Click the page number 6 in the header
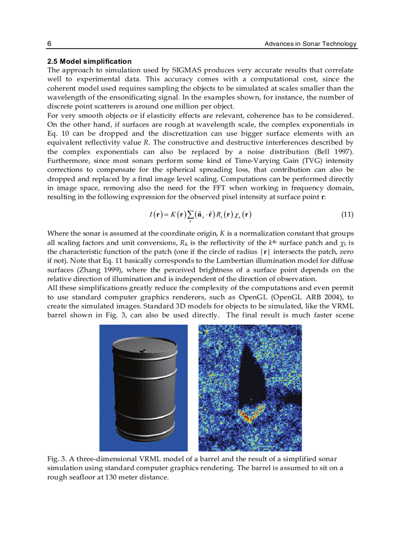click(49, 44)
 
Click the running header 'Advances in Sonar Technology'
click(310, 44)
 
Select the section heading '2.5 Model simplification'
click(89, 61)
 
